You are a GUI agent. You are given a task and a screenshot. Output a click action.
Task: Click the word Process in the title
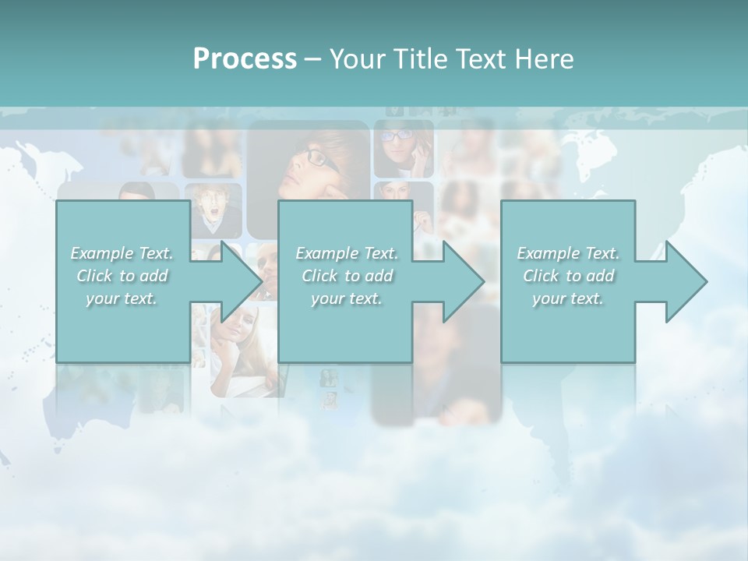pos(245,59)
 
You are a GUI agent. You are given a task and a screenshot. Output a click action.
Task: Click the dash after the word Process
pos(313,60)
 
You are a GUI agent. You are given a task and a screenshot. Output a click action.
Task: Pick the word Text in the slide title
pos(482,59)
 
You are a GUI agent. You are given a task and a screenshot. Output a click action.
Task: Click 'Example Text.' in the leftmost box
pos(122,253)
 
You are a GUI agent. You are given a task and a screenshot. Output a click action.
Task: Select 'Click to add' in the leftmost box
pos(122,276)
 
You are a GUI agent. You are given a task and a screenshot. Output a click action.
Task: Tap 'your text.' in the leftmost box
pos(122,298)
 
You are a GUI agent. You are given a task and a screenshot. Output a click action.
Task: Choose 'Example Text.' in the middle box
pos(347,253)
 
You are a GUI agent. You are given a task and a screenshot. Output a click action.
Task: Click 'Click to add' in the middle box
pos(347,276)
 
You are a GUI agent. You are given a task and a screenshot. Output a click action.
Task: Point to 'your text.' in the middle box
pos(347,298)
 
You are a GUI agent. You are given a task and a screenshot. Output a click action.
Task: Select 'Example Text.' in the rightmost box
pos(568,253)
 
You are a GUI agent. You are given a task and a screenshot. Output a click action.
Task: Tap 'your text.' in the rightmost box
pos(568,298)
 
